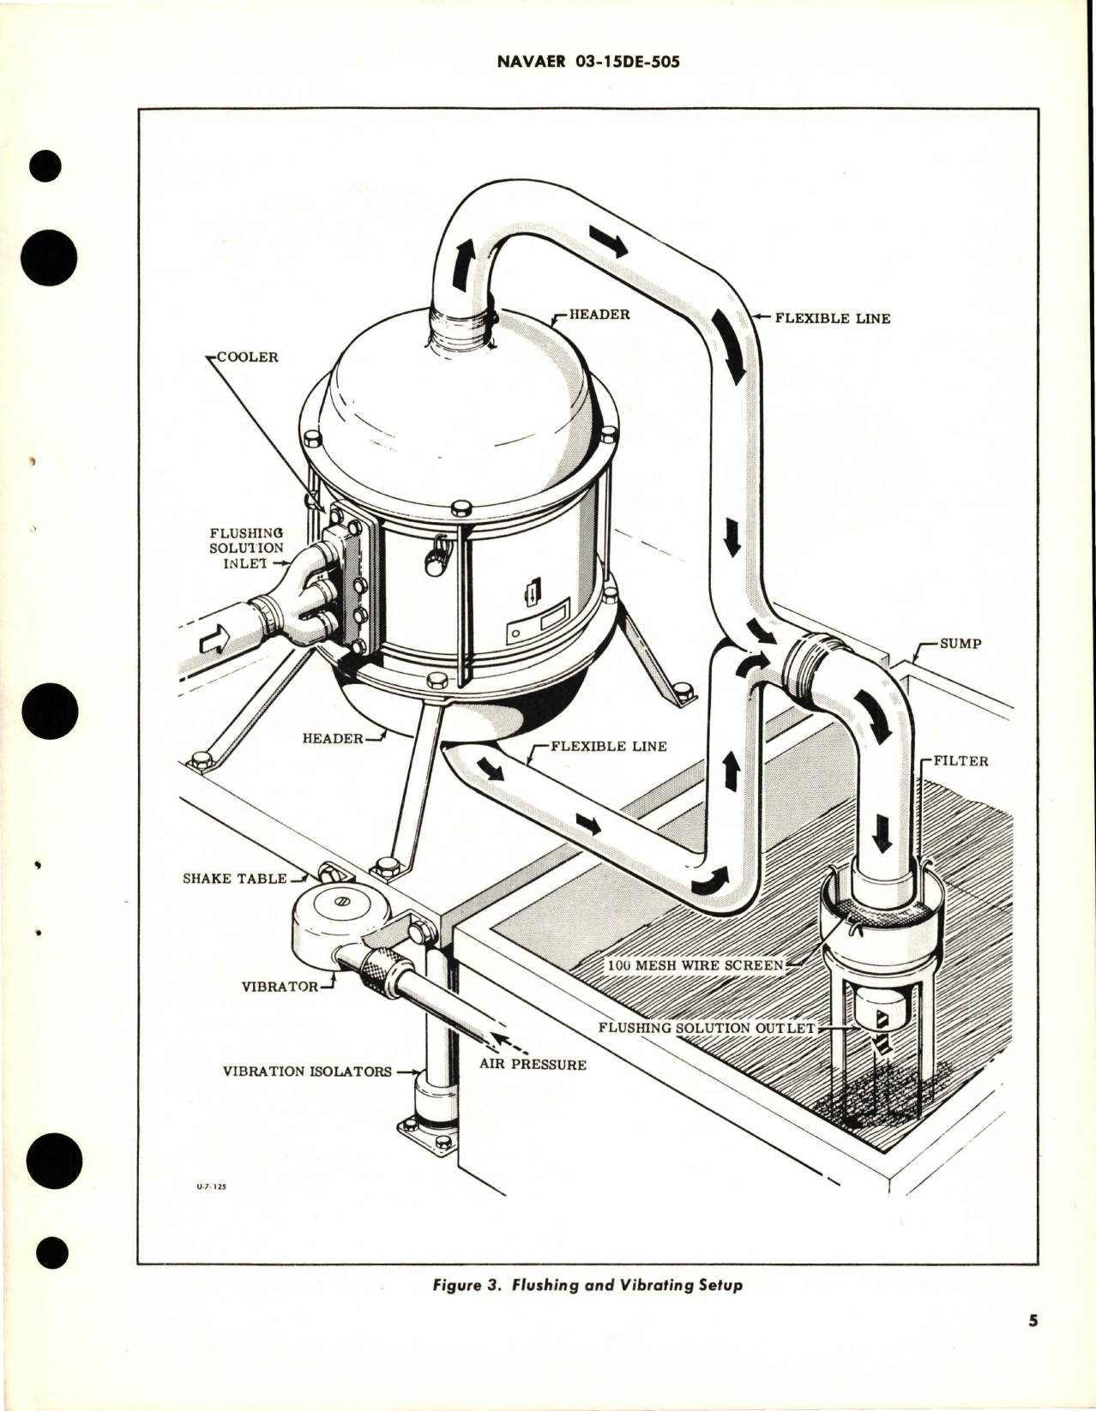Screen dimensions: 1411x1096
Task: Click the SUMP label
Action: point(960,644)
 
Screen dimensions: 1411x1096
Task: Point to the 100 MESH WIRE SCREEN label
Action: point(695,965)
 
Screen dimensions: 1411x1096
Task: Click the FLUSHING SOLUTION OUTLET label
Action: point(707,1027)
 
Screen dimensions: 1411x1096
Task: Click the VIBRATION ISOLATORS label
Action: point(307,1072)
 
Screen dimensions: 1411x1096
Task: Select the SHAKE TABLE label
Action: point(234,879)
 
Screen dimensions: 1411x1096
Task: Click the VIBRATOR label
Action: point(280,987)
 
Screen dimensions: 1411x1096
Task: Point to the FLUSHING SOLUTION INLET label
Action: point(246,548)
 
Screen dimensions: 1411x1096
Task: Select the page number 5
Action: point(1033,1345)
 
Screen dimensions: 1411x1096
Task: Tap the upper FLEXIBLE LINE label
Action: point(831,318)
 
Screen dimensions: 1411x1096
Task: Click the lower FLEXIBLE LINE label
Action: point(607,746)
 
